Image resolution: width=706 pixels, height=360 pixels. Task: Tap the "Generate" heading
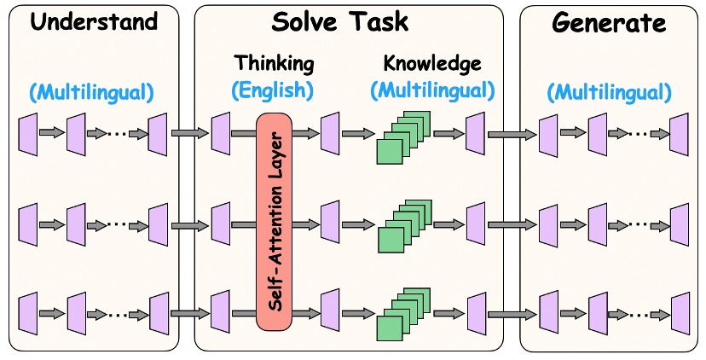[x=609, y=23]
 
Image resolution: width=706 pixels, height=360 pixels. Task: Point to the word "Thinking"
[x=274, y=63]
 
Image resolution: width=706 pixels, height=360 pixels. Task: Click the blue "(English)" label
[x=274, y=89]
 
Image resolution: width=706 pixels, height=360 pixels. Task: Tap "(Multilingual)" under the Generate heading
[x=609, y=91]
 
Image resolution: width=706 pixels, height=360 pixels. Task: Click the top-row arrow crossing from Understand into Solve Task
[x=189, y=133]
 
